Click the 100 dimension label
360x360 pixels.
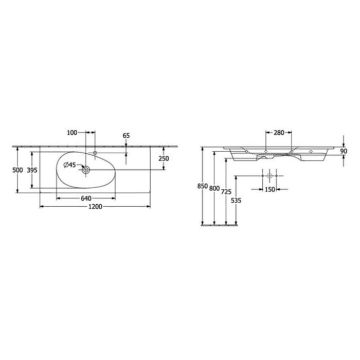[x=71, y=133]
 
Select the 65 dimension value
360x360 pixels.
[x=127, y=135]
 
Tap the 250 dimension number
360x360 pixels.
[x=164, y=159]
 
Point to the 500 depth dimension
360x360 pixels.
[x=17, y=170]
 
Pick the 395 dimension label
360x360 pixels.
[x=31, y=170]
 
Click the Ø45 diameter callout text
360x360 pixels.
[x=69, y=165]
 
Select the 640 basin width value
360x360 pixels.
[x=85, y=198]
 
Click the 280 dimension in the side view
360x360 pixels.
[x=279, y=133]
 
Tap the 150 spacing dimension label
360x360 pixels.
[x=270, y=189]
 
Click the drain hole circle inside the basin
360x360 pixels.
[x=86, y=169]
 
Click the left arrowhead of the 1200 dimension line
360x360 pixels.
[x=42, y=207]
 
